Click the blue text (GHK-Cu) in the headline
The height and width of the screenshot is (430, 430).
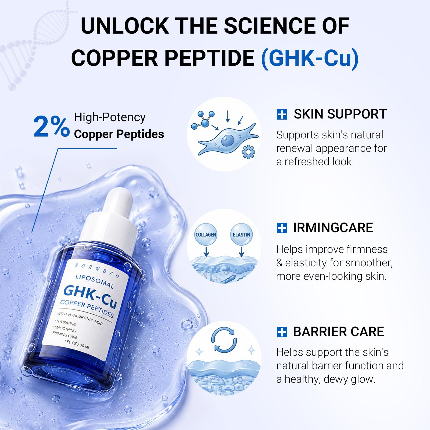click(x=310, y=58)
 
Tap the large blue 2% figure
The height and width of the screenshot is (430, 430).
click(x=51, y=126)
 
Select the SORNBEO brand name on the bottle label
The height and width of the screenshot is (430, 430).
click(x=97, y=270)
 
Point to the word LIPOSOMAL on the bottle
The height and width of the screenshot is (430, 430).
click(x=95, y=281)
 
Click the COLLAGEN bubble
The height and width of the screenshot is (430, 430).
click(x=206, y=234)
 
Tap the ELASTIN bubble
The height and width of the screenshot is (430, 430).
click(x=241, y=234)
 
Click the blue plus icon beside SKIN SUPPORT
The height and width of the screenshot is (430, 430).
click(x=282, y=114)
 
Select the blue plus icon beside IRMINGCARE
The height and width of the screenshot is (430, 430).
click(x=282, y=228)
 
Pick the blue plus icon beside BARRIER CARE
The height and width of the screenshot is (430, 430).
click(x=282, y=332)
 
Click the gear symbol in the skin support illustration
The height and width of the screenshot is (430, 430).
click(x=248, y=152)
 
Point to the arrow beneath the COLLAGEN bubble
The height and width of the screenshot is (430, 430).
click(x=206, y=252)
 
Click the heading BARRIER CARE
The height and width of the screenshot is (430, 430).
click(x=338, y=332)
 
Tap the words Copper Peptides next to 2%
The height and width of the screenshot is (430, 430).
click(x=119, y=134)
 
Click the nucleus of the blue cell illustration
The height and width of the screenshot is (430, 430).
click(x=227, y=140)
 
